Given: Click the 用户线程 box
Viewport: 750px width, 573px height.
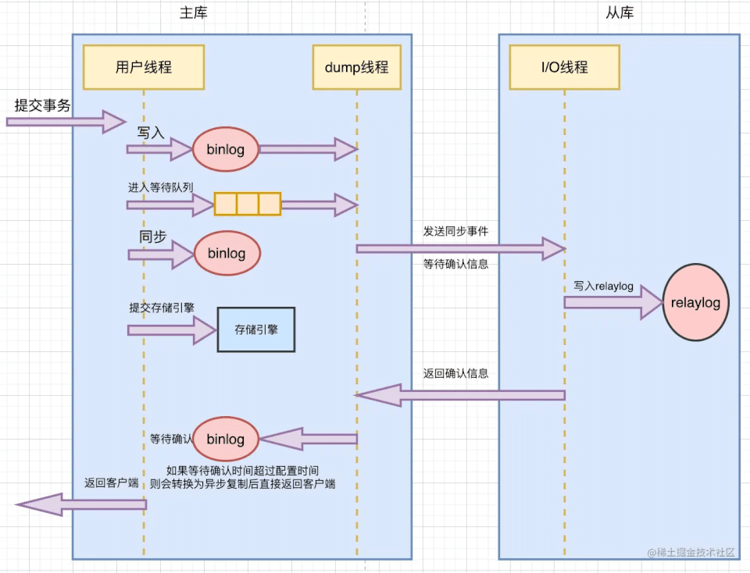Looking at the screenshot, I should [144, 67].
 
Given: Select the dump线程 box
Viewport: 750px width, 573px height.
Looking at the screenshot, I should [356, 67].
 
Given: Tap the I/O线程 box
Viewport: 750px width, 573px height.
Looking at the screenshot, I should [564, 67].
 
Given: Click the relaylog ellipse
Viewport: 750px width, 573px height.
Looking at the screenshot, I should [695, 302].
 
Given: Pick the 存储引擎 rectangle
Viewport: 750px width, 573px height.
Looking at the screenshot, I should [256, 329].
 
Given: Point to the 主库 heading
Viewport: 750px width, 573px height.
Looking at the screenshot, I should [194, 13].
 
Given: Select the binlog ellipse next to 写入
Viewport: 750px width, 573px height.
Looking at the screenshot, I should [226, 149].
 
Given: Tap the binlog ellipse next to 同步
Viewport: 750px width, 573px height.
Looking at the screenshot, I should [226, 253].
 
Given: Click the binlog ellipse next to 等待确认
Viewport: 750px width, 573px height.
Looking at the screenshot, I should [226, 440].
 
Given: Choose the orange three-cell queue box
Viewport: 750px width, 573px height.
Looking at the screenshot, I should [248, 204].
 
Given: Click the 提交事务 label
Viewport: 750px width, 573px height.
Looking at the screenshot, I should [42, 105].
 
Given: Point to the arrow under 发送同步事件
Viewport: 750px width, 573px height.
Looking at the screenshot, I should [461, 248].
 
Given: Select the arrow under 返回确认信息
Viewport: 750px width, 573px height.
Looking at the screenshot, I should [461, 395].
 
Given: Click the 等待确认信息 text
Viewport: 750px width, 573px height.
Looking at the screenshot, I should [456, 265].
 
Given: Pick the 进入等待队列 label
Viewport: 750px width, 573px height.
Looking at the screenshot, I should [161, 187].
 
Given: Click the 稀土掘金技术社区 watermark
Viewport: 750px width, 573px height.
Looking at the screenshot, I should [691, 552].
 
